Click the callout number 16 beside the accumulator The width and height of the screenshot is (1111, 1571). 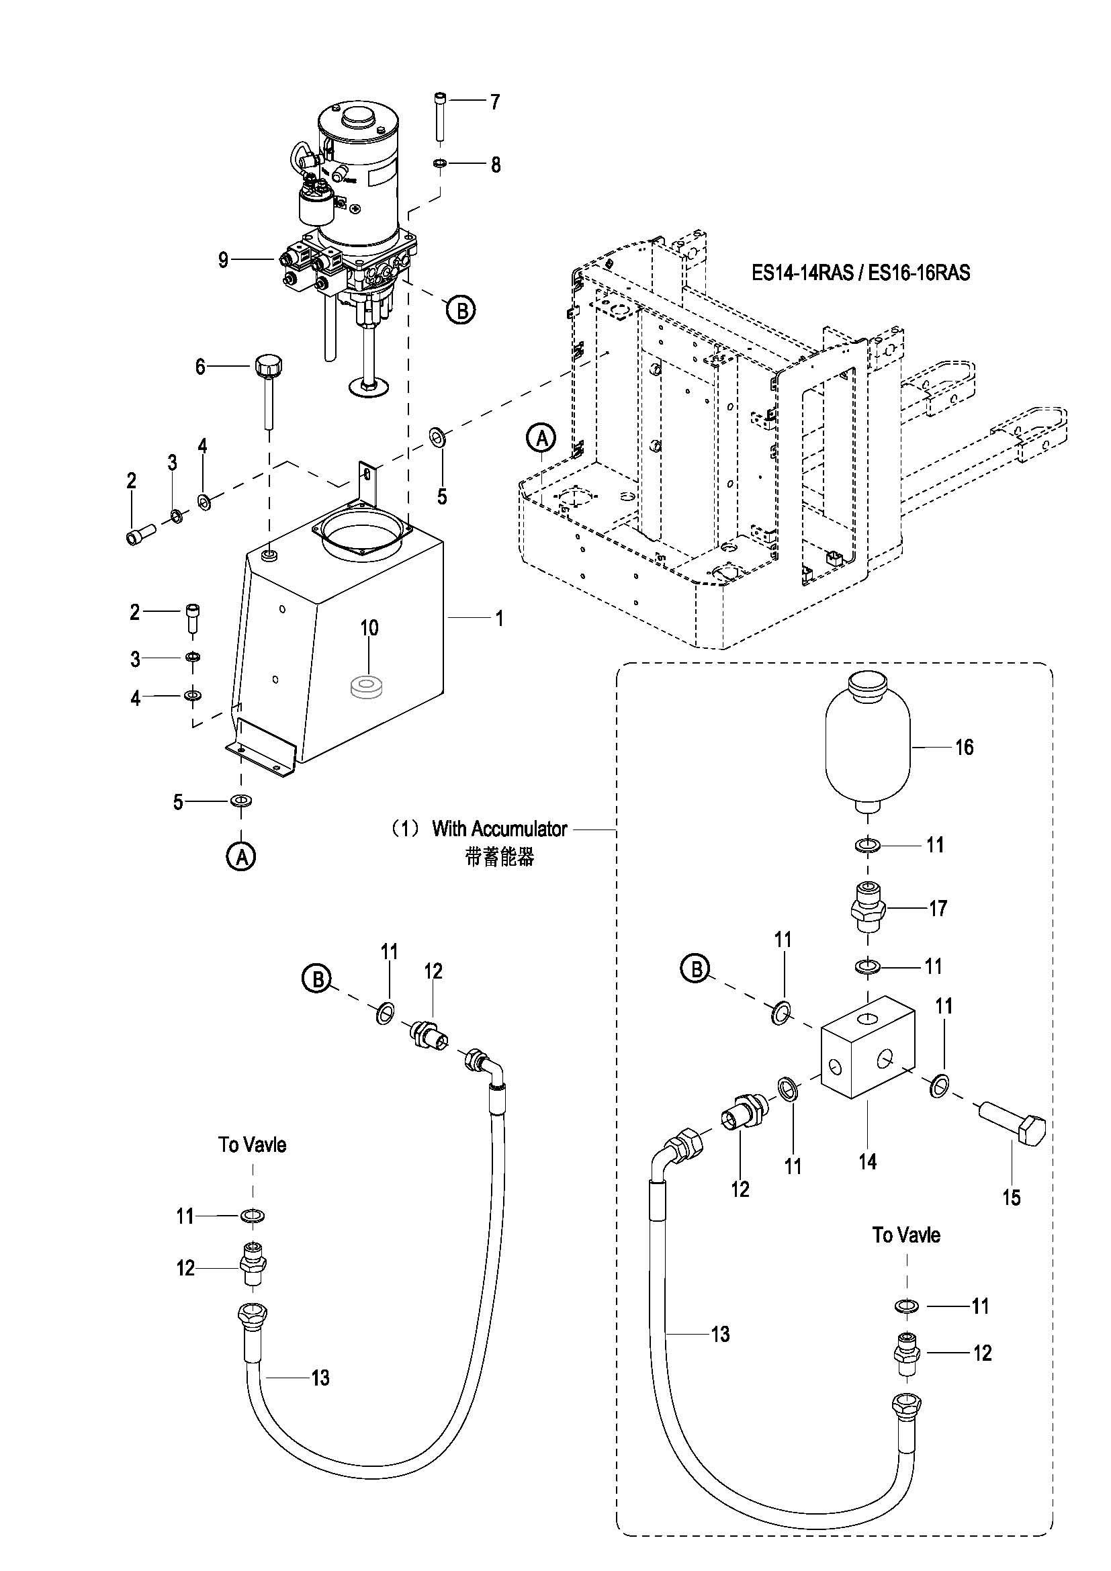tap(964, 746)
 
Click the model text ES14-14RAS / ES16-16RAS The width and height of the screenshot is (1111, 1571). tap(860, 272)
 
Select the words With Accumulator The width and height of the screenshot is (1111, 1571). tap(499, 829)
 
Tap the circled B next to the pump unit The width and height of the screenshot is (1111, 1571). tap(461, 311)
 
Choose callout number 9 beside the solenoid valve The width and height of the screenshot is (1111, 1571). tap(223, 260)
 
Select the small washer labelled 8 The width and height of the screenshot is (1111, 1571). tap(440, 164)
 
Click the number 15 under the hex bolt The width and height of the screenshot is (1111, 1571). tap(1011, 1198)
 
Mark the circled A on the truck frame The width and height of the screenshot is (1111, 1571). tap(542, 438)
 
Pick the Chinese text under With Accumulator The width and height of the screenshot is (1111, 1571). tap(499, 857)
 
